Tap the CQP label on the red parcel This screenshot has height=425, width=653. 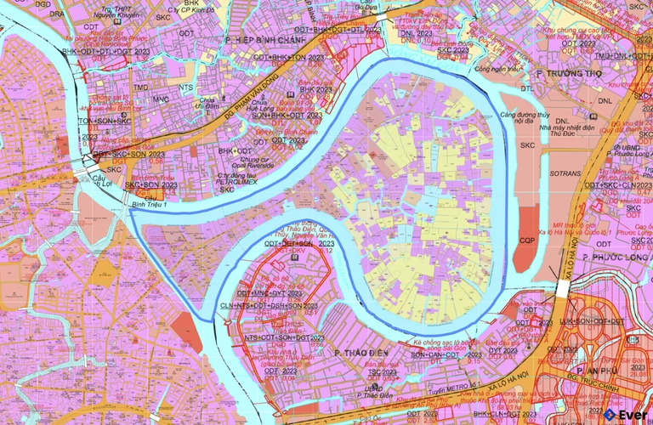527,241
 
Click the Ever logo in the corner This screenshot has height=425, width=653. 625,414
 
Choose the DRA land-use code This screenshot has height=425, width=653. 58,14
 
